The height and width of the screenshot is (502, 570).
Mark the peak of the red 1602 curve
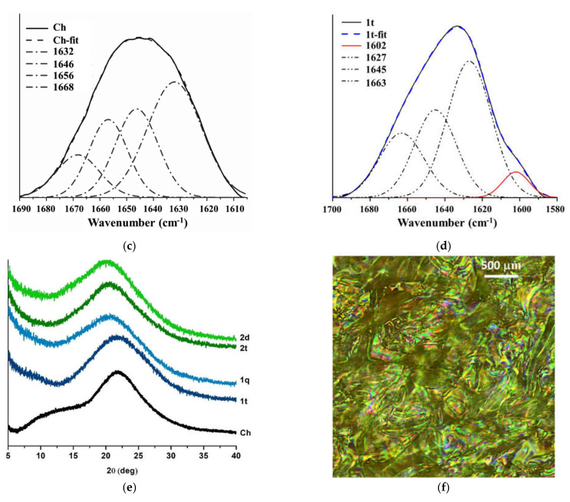[516, 173]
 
